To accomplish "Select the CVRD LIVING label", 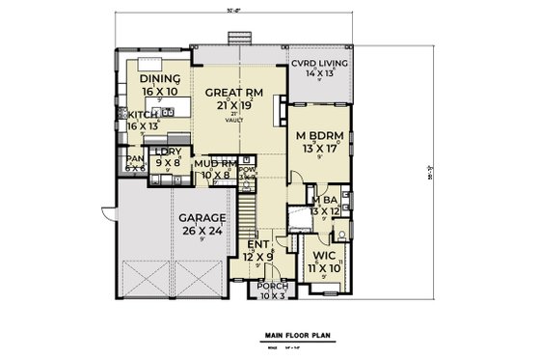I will coord(321,63).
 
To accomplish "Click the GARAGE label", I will coord(202,219).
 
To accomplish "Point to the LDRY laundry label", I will coord(170,153).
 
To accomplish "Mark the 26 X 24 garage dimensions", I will coord(202,232).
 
